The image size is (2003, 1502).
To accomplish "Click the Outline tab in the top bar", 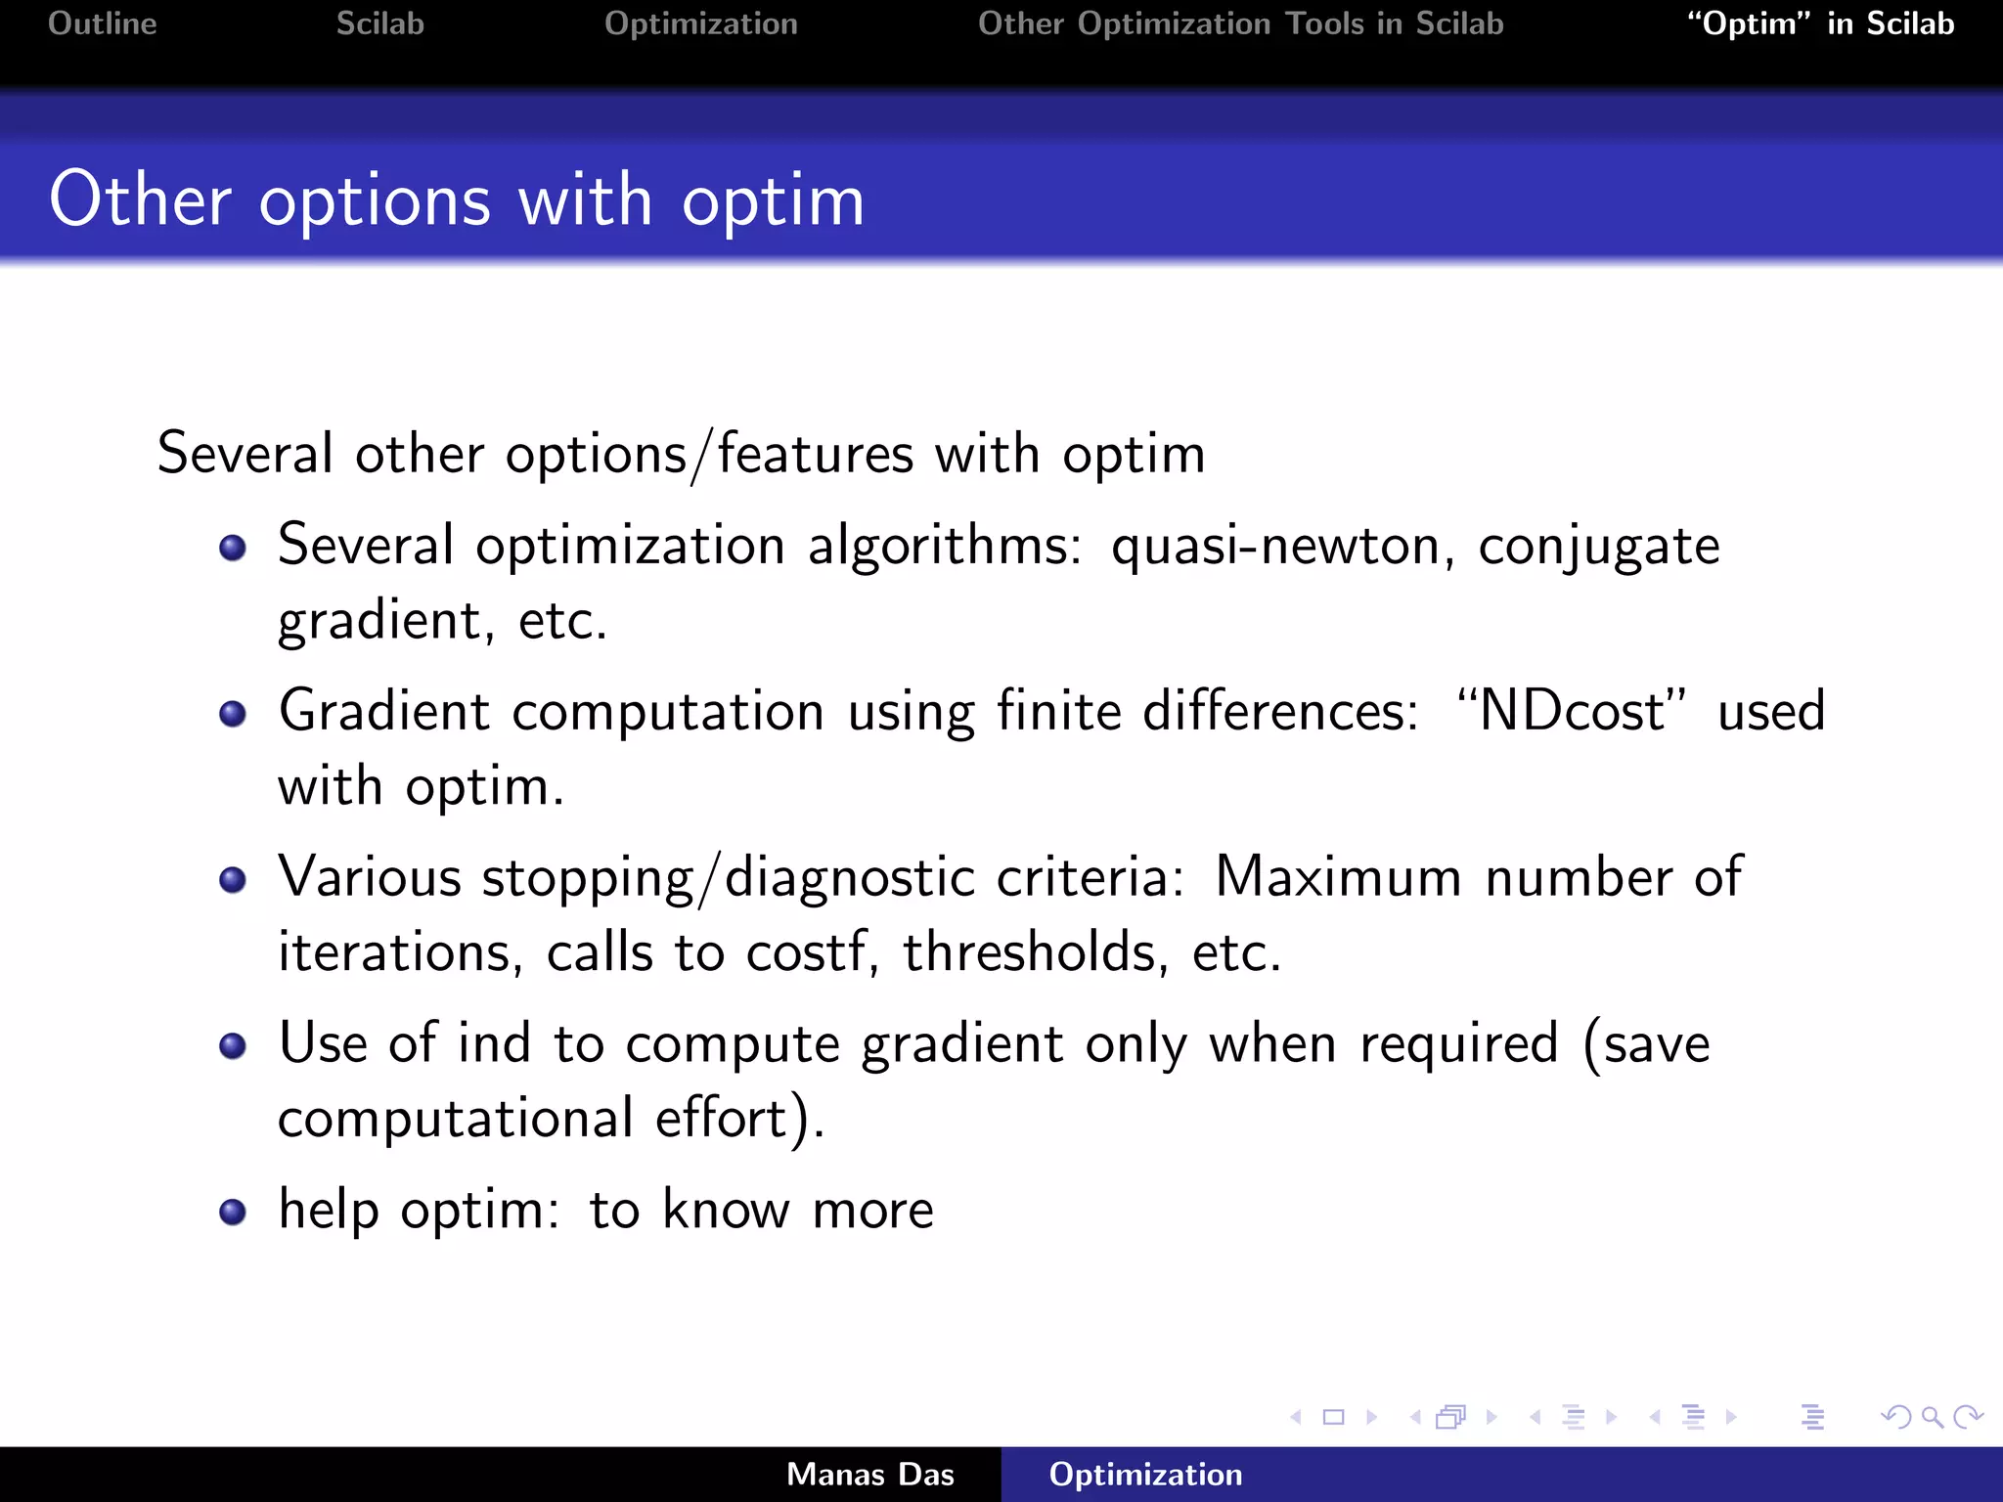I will pyautogui.click(x=102, y=23).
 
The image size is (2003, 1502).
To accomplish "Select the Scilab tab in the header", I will pyautogui.click(x=379, y=23).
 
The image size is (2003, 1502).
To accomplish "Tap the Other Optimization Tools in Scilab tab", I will pyautogui.click(x=1240, y=23).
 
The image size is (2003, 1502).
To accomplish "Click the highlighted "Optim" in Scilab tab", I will pyautogui.click(x=1820, y=23).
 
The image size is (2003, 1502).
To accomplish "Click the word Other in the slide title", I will pyautogui.click(x=140, y=200).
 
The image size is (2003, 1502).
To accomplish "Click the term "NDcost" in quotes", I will pyautogui.click(x=1571, y=711).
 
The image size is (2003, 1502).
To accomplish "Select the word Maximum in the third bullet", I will pyautogui.click(x=1337, y=877).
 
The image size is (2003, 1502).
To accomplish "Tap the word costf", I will pyautogui.click(x=806, y=952).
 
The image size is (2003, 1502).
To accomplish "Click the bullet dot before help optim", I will pyautogui.click(x=233, y=1213).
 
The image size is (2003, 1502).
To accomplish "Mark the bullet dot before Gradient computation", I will pyautogui.click(x=233, y=714).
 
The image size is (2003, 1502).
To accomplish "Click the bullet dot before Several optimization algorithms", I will pyautogui.click(x=233, y=548).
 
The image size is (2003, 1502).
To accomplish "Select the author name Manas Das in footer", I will pyautogui.click(x=869, y=1475).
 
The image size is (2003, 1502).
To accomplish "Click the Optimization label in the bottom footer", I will pyautogui.click(x=1145, y=1475).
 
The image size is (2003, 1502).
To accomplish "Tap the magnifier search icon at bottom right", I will pyautogui.click(x=1932, y=1417).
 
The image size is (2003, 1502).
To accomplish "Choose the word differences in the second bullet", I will pyautogui.click(x=1279, y=711).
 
